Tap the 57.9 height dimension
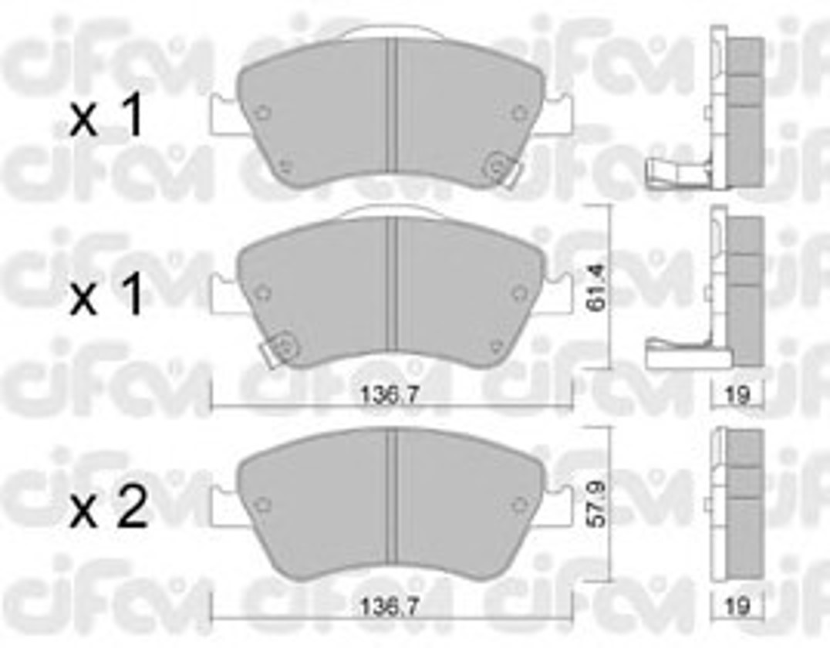(x=598, y=504)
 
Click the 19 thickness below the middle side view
(x=737, y=394)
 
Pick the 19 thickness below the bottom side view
(x=737, y=606)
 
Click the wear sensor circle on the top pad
(x=497, y=165)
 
